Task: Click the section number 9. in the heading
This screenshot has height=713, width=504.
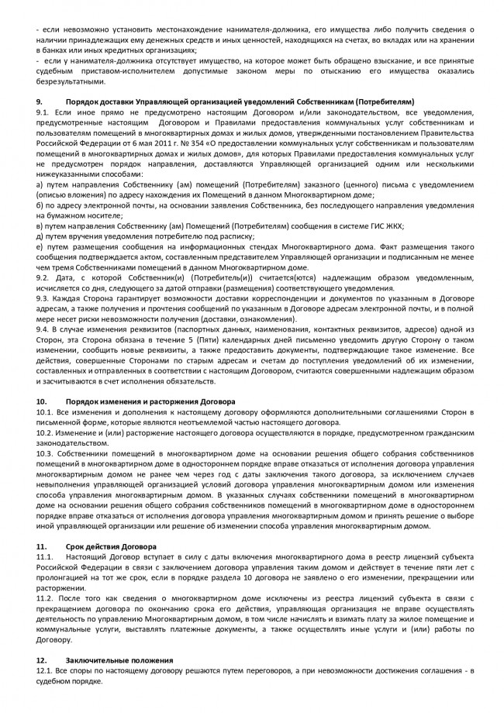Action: (40, 102)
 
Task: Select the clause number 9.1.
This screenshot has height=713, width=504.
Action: (43, 112)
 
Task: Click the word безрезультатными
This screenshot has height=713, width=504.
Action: (69, 81)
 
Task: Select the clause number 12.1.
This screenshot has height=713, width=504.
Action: (44, 670)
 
